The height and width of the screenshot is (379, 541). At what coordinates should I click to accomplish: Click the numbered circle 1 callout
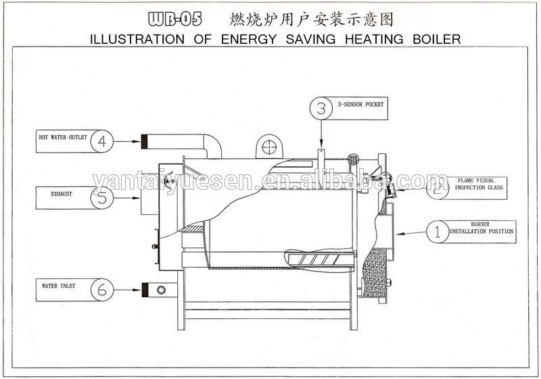point(438,233)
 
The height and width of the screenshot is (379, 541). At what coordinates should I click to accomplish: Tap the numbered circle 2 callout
point(438,187)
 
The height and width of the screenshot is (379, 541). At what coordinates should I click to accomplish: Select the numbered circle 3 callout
point(321,107)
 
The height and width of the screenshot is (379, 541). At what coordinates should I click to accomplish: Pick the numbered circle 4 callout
point(101,142)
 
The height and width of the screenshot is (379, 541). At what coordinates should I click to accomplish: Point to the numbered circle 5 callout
point(101,197)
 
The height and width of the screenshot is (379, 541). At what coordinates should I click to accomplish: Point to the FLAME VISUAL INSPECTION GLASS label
point(479,184)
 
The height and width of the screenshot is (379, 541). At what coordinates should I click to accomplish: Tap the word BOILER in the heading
point(436,39)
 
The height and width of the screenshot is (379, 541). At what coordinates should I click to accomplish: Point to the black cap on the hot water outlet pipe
point(144,142)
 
